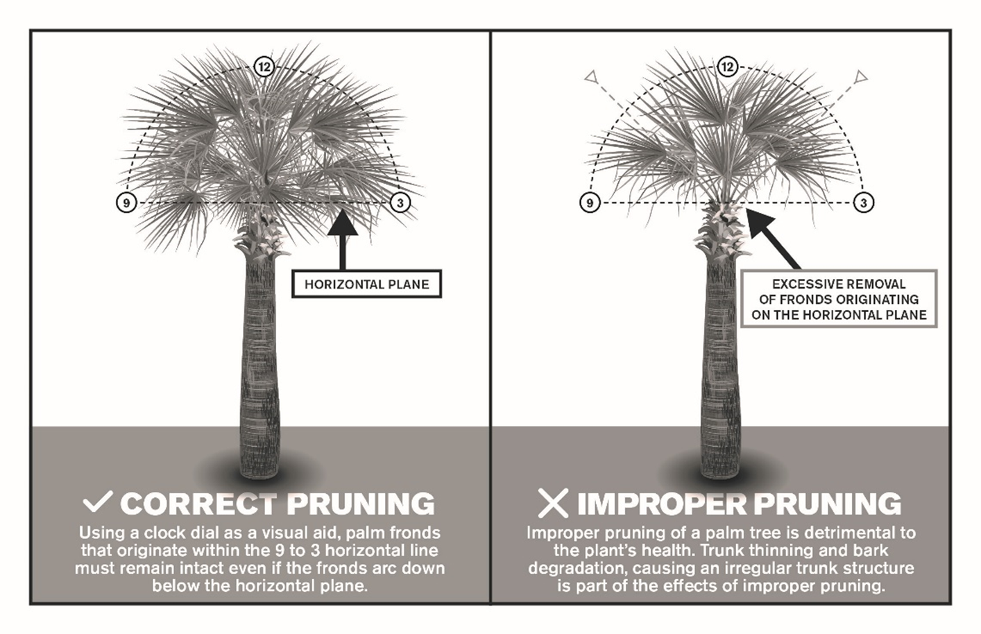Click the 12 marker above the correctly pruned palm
click(x=264, y=67)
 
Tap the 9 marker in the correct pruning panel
click(x=125, y=203)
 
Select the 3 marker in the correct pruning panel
click(x=400, y=203)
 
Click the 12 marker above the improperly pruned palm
click(x=726, y=67)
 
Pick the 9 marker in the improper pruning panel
click(x=590, y=203)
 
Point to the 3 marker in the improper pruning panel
click(x=863, y=203)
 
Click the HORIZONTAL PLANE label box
click(x=366, y=284)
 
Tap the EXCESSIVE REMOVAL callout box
click(x=839, y=299)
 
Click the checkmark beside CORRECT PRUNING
click(x=97, y=502)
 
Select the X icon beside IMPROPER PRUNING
click(x=553, y=503)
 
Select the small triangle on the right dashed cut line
click(x=860, y=76)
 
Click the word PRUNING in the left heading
click(x=361, y=504)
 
